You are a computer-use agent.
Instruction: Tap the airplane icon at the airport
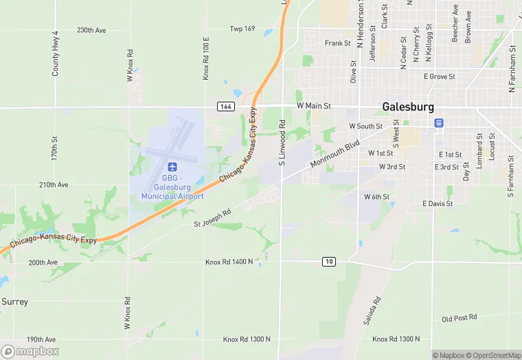click(172, 167)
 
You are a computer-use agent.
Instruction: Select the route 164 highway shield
click(225, 106)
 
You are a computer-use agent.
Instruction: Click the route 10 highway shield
click(330, 261)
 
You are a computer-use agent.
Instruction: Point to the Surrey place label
click(14, 302)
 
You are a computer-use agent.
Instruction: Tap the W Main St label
click(314, 106)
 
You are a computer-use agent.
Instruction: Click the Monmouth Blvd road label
click(334, 155)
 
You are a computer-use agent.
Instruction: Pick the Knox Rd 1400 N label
click(229, 262)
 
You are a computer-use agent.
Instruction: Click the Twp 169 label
click(242, 29)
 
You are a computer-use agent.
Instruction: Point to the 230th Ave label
click(91, 30)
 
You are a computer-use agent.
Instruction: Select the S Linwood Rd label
click(282, 144)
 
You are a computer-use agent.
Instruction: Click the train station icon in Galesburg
click(438, 122)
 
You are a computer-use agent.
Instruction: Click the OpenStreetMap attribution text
click(494, 355)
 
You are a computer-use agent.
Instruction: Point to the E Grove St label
click(440, 76)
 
